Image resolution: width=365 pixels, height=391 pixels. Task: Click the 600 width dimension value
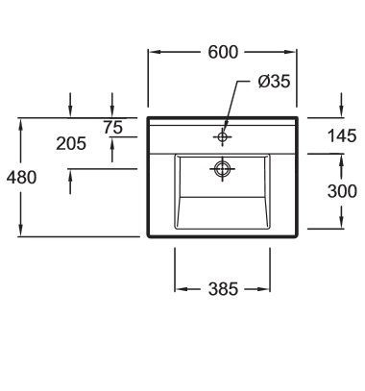point(223,52)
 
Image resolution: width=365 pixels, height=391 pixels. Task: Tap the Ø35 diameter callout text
point(274,81)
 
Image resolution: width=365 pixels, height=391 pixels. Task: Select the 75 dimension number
point(112,127)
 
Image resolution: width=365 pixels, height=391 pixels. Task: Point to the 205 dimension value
point(71,143)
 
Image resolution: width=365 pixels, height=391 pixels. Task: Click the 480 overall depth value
point(22,177)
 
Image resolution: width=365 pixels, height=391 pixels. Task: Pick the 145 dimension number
point(342,135)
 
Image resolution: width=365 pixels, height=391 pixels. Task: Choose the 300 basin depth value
point(342,191)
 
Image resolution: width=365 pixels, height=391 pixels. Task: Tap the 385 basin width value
point(223,289)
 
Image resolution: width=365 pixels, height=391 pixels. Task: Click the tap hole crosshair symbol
point(223,136)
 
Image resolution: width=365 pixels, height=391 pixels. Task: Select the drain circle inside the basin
point(223,168)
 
